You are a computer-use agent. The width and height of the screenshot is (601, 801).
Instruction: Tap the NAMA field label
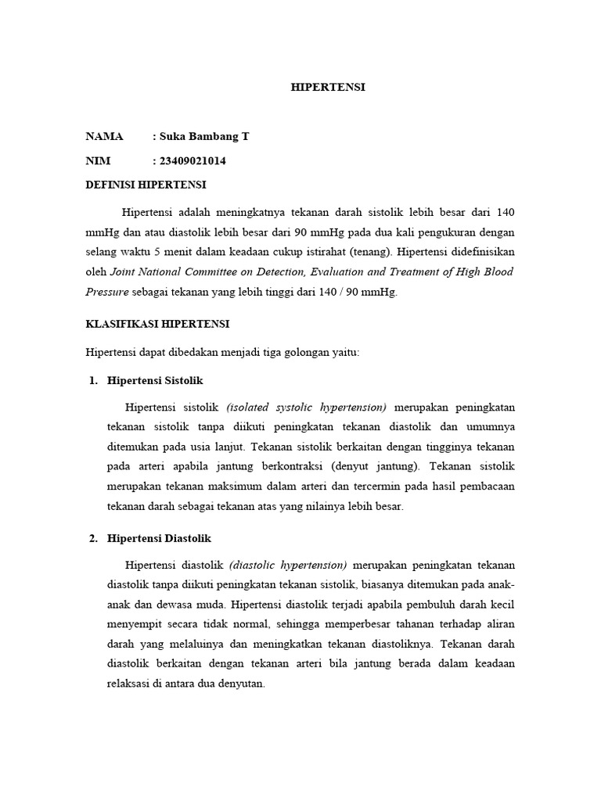(x=104, y=136)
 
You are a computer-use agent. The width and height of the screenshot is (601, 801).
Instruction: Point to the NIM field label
(x=98, y=160)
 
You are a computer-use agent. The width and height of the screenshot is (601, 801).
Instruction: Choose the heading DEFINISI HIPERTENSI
(x=146, y=185)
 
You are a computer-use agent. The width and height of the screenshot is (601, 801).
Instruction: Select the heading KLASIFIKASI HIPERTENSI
(x=157, y=323)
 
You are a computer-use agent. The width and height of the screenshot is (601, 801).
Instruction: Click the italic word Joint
(x=123, y=271)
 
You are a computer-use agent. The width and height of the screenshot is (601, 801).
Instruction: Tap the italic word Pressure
(x=106, y=291)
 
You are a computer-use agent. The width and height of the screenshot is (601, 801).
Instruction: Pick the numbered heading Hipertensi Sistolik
(x=155, y=380)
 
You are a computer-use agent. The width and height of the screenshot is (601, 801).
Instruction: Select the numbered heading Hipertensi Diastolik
(x=159, y=539)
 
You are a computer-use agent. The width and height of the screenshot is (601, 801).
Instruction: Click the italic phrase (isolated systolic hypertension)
(x=307, y=407)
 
